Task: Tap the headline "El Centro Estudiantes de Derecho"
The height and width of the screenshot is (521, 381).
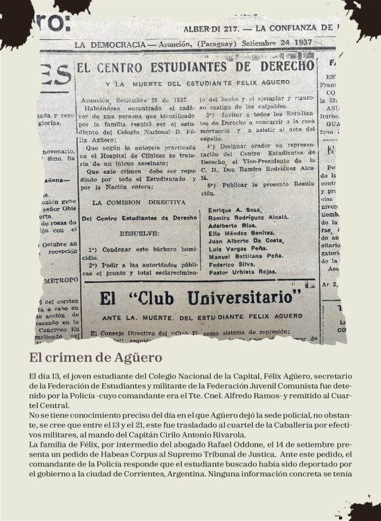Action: pos(195,67)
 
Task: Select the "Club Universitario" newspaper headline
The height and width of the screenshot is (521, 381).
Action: pos(200,298)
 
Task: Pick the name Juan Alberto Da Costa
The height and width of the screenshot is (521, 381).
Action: pos(240,240)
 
